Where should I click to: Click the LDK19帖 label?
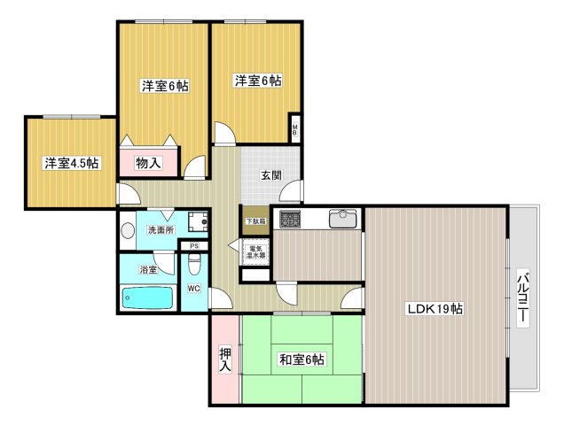tap(435, 309)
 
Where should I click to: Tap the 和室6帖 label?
tap(302, 359)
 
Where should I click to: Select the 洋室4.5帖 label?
tap(72, 163)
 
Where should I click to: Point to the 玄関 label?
tap(270, 175)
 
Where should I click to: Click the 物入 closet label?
tap(148, 163)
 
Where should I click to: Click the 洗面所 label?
tap(161, 230)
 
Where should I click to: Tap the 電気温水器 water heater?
tap(256, 251)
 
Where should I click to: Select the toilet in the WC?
tap(195, 264)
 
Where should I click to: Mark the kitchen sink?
tap(341, 218)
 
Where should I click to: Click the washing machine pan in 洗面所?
tap(200, 222)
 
